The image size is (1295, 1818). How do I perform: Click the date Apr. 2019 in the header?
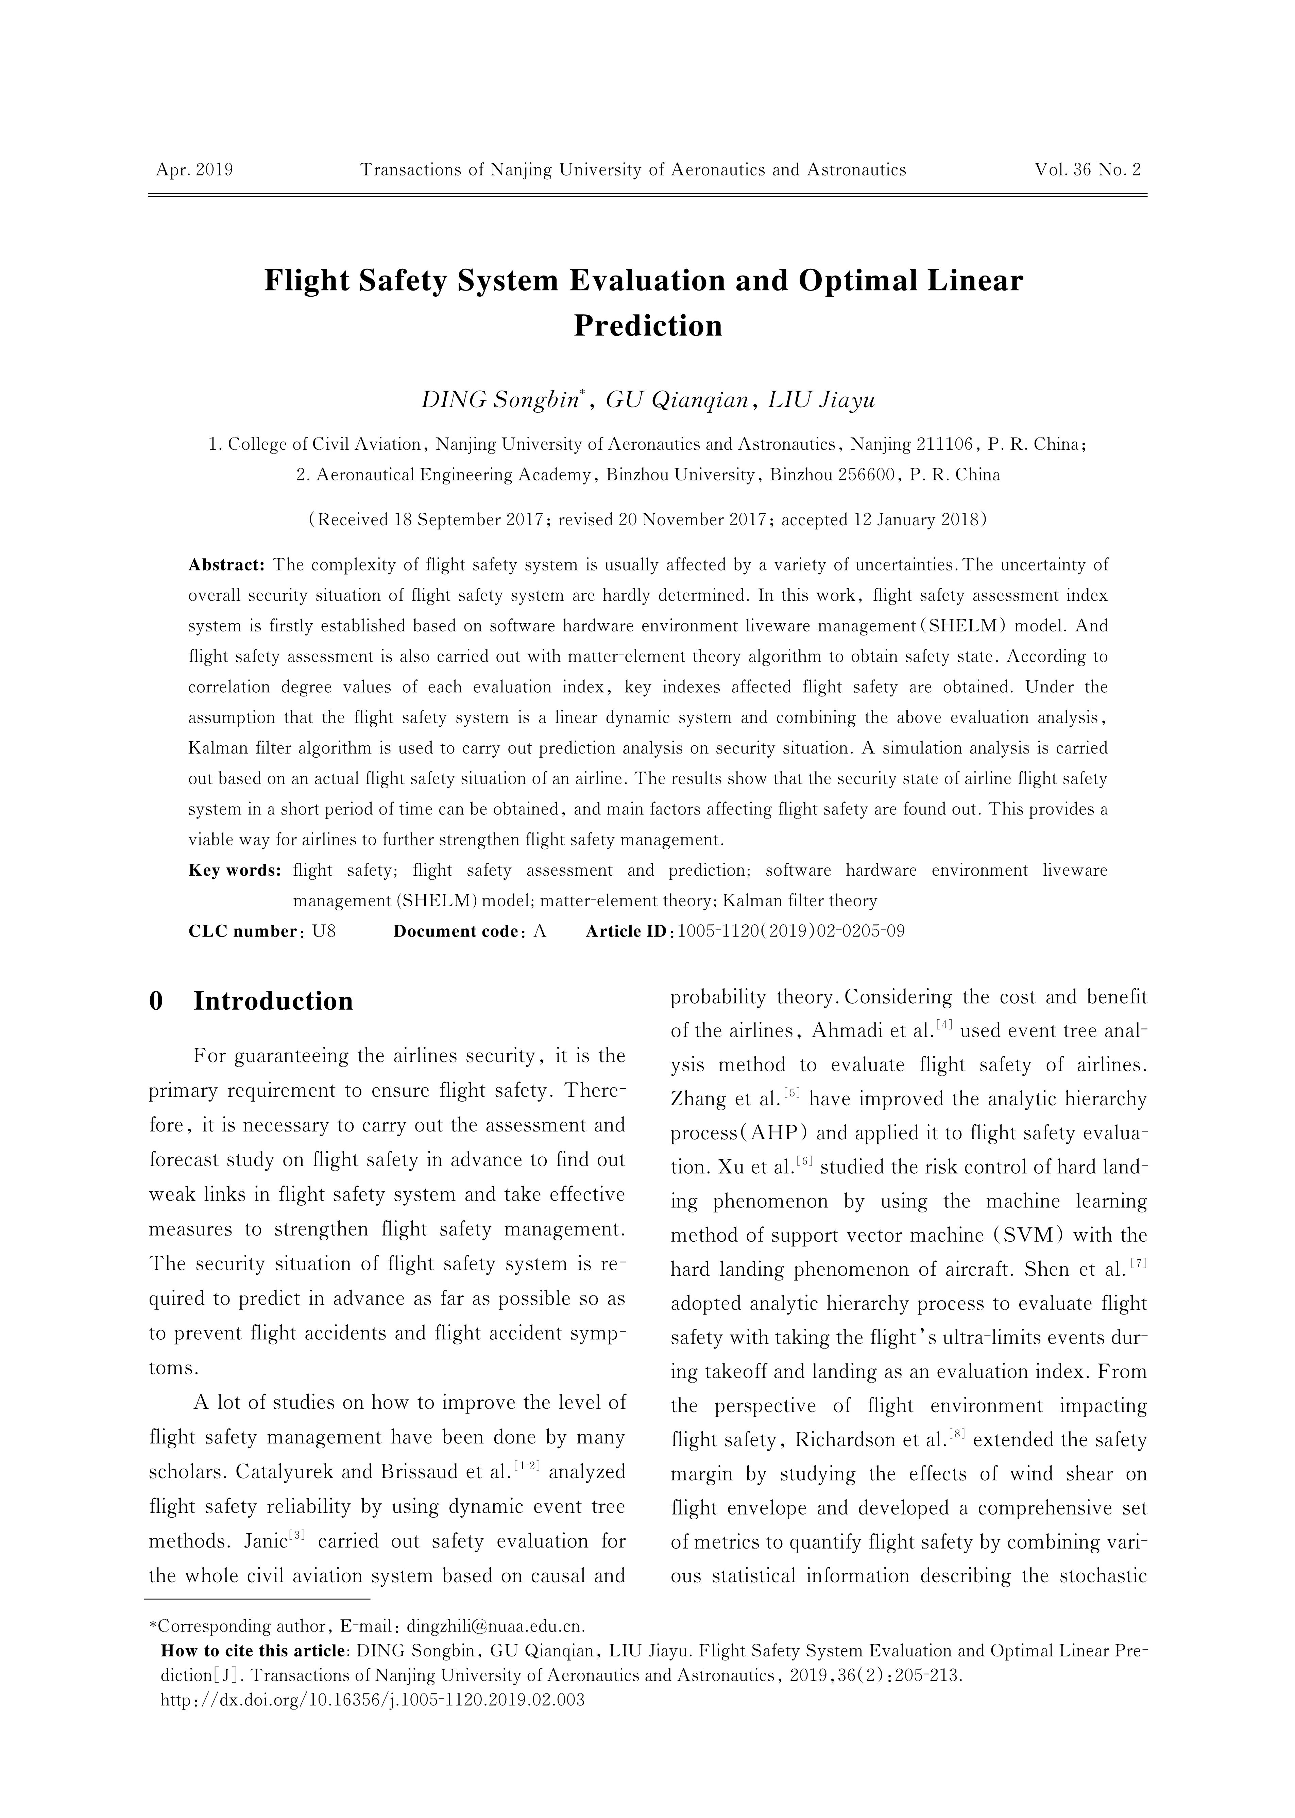tap(194, 170)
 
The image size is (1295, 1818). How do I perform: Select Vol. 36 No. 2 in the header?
tap(1088, 170)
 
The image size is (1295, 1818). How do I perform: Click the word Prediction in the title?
tap(647, 326)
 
